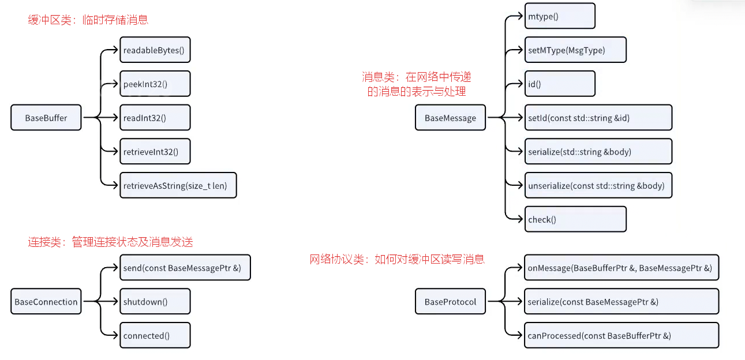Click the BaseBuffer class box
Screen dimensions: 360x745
tap(46, 118)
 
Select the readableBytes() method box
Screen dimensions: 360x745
tap(155, 50)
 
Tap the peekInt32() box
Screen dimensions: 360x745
tap(155, 84)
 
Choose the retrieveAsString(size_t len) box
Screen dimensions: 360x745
tap(178, 186)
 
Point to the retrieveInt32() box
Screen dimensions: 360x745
tap(155, 152)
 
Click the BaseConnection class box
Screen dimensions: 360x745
tap(46, 302)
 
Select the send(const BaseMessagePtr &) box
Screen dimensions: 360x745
tap(185, 268)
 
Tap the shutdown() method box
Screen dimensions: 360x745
tap(155, 302)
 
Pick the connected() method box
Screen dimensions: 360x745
tap(155, 335)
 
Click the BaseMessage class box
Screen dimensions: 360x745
tap(450, 118)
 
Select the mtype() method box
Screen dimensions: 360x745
tap(559, 16)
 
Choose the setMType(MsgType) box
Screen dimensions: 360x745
tap(575, 50)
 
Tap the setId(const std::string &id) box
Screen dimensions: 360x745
tap(598, 118)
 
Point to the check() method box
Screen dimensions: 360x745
tap(575, 219)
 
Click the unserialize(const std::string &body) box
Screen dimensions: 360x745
tap(598, 186)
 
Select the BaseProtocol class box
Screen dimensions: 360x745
tap(450, 302)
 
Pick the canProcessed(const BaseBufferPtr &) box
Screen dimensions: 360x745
tap(621, 335)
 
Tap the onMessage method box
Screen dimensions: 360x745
tap(621, 268)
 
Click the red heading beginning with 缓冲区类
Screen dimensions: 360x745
tap(88, 20)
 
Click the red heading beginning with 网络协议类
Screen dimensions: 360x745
tap(397, 260)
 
